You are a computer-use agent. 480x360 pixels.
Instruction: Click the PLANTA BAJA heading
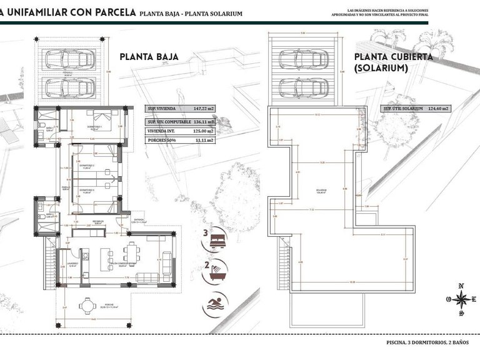coord(149,57)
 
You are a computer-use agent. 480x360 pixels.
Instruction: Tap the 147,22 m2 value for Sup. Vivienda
coord(199,108)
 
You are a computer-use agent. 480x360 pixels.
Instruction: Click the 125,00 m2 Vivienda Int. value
coord(199,131)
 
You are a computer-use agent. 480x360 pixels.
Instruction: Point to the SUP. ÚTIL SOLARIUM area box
coord(416,108)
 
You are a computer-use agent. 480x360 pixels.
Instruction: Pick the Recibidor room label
coord(98,221)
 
